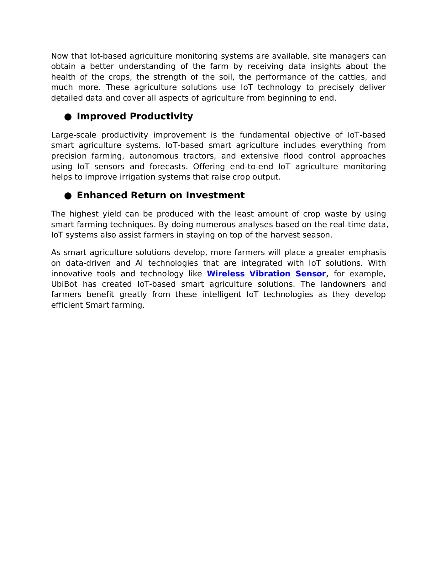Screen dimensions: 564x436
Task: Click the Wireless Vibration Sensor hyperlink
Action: (266, 274)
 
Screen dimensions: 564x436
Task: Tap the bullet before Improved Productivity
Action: (68, 117)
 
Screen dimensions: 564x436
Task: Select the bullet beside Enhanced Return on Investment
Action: (68, 196)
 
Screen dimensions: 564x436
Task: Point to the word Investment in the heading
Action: (215, 196)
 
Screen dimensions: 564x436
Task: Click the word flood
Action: (293, 156)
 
